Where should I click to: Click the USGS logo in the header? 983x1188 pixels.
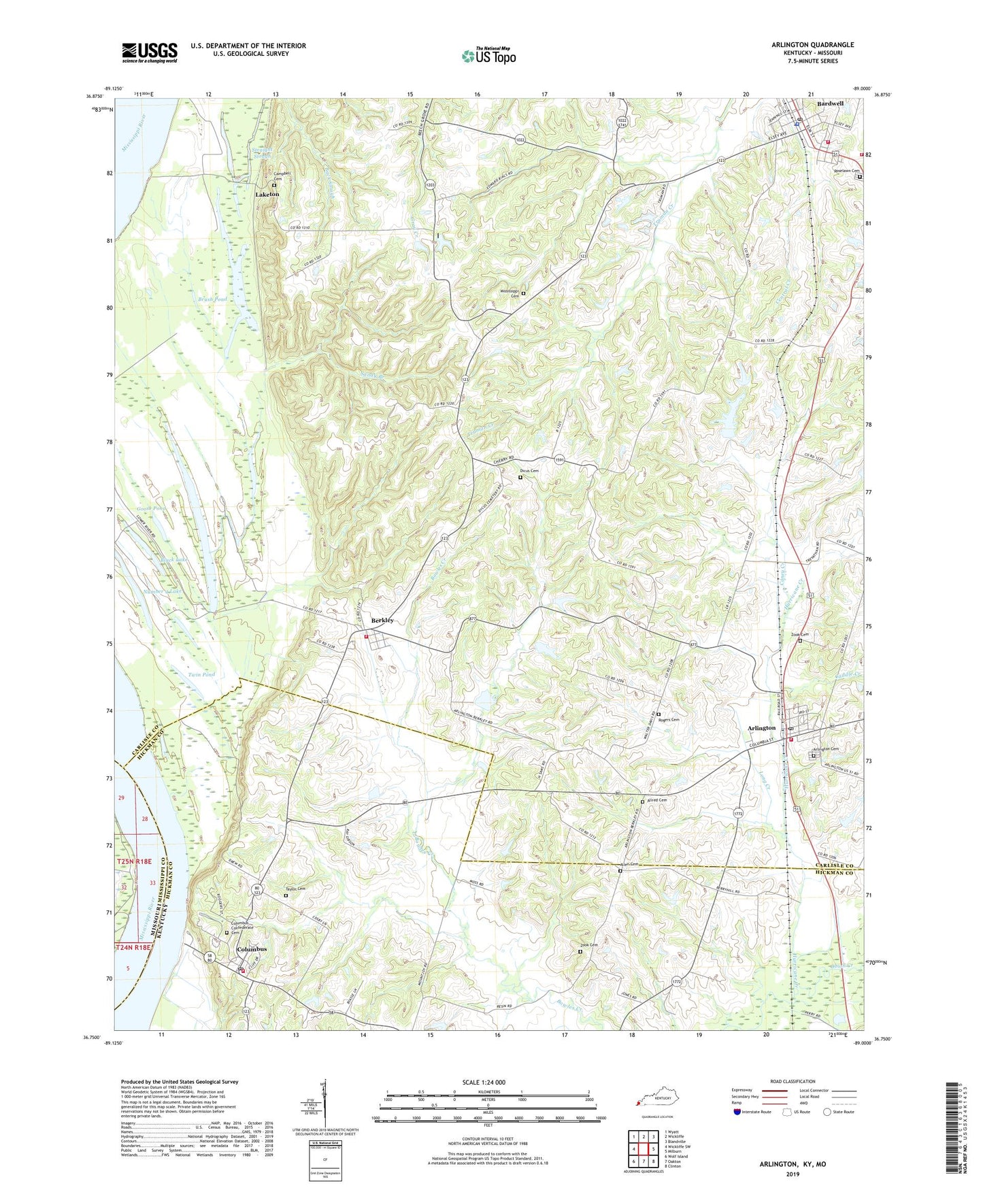tap(149, 52)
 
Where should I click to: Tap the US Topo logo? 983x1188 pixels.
tap(488, 56)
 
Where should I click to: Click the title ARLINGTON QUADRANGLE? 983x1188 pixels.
tap(812, 45)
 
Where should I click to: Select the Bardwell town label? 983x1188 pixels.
tap(830, 103)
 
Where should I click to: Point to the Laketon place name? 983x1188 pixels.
tap(267, 195)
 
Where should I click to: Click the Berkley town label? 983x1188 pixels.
tap(382, 621)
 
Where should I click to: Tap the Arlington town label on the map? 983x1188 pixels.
tap(761, 728)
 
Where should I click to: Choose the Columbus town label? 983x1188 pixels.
tap(251, 949)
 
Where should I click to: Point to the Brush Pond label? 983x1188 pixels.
tap(212, 299)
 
